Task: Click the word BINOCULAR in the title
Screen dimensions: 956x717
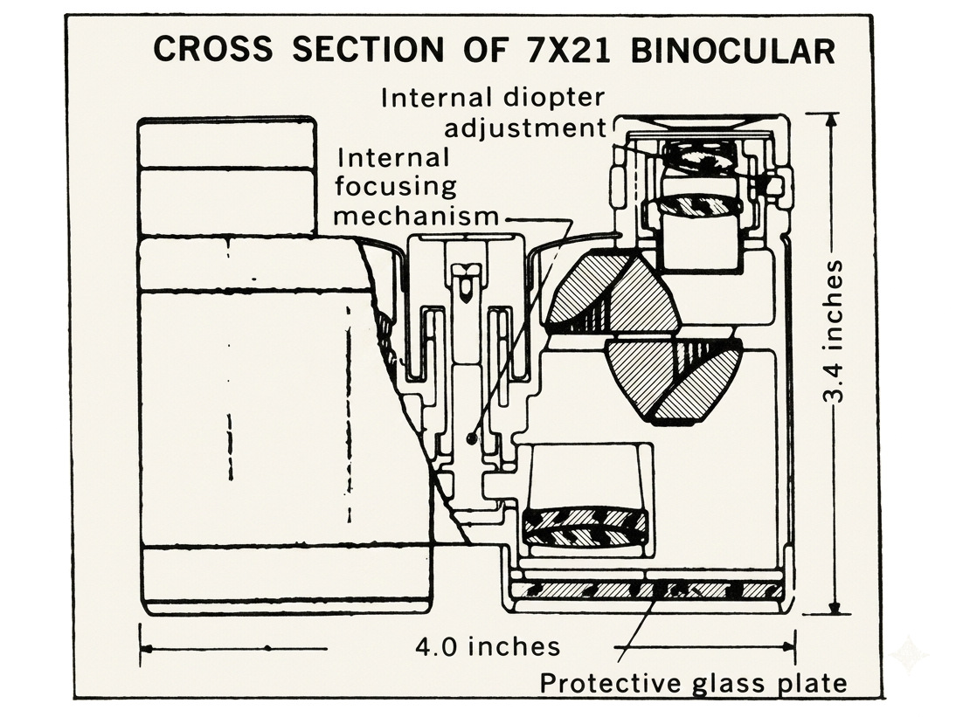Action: tap(733, 50)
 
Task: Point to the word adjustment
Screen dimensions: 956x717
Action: tap(525, 128)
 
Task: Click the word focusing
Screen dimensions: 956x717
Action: tap(395, 186)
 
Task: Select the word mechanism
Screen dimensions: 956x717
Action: tap(416, 216)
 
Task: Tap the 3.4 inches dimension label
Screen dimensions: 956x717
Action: tap(834, 332)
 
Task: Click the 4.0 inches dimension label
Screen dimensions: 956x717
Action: tap(488, 646)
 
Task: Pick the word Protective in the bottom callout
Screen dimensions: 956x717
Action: tap(612, 683)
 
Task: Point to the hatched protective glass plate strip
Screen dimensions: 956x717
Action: tap(648, 589)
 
